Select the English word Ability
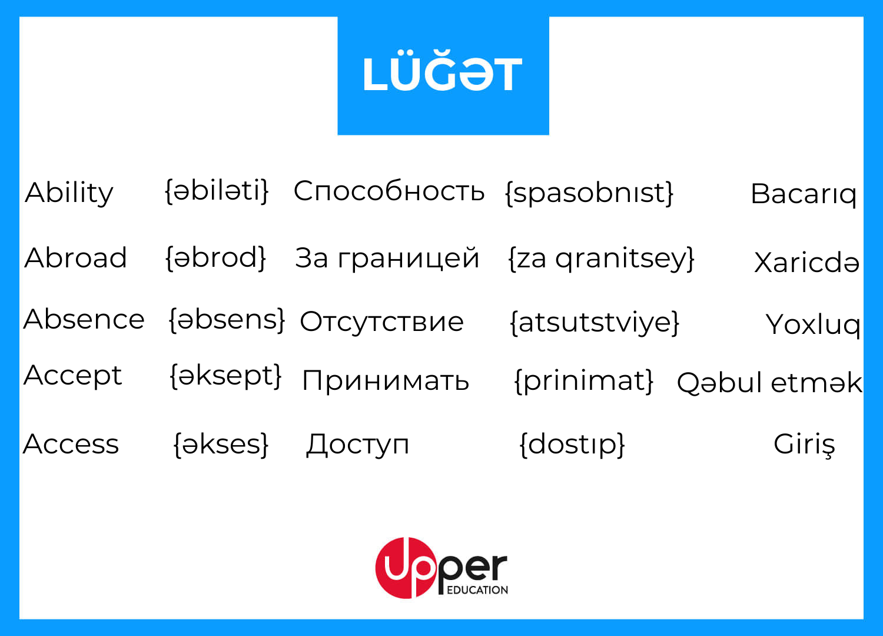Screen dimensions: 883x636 pyautogui.click(x=69, y=193)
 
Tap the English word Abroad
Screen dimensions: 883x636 pyautogui.click(x=76, y=258)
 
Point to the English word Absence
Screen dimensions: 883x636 pyautogui.click(x=84, y=319)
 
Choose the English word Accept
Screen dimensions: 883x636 pyautogui.click(x=73, y=376)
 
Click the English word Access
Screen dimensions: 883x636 pyautogui.click(x=71, y=444)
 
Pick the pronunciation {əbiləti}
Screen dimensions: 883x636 pyautogui.click(x=217, y=191)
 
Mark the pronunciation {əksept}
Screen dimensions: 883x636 pyautogui.click(x=226, y=377)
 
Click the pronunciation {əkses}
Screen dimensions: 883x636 pyautogui.click(x=221, y=445)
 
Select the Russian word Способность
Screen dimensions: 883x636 pyautogui.click(x=389, y=191)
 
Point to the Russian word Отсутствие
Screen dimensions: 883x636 pyautogui.click(x=381, y=322)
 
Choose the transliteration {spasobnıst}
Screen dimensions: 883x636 pyautogui.click(x=590, y=194)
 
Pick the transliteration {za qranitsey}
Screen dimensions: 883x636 pyautogui.click(x=602, y=260)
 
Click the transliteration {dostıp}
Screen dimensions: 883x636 pyautogui.click(x=572, y=445)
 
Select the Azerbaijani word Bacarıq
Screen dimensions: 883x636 pyautogui.click(x=804, y=194)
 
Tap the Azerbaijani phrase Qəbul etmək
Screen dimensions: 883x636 pyautogui.click(x=769, y=382)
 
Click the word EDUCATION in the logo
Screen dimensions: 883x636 pyautogui.click(x=477, y=590)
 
